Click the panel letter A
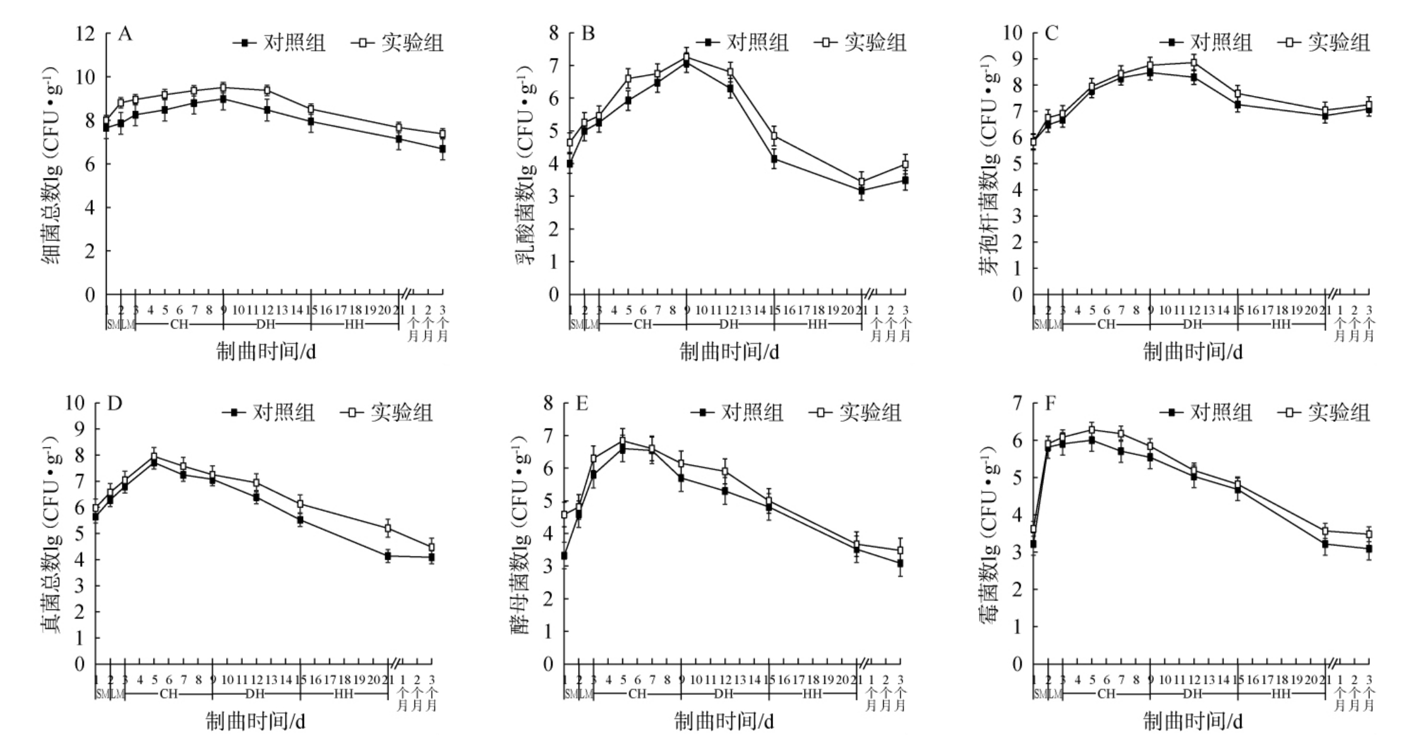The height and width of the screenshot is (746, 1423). pos(125,34)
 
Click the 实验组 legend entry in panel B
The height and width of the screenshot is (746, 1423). pos(862,42)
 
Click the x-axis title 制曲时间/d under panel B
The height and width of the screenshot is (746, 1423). pos(729,352)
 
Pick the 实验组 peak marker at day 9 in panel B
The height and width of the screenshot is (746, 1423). pos(686,57)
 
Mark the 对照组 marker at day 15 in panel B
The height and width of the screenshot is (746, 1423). pos(774,159)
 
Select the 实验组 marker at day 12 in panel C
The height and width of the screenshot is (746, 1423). pos(1194,62)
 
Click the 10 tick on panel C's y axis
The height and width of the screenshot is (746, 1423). pos(1012,33)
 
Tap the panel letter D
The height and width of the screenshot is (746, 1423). pos(114,403)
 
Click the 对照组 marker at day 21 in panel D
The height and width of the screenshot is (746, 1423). pos(388,556)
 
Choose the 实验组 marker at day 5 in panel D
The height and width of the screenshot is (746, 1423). pos(154,456)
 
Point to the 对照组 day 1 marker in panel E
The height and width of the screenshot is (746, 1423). pos(564,556)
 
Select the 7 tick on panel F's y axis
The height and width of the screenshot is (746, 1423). pos(1016,403)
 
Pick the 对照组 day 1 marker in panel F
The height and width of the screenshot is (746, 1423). pos(1033,544)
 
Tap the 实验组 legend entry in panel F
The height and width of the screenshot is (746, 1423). pos(1326,412)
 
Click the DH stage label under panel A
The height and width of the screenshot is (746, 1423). pos(267,325)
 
